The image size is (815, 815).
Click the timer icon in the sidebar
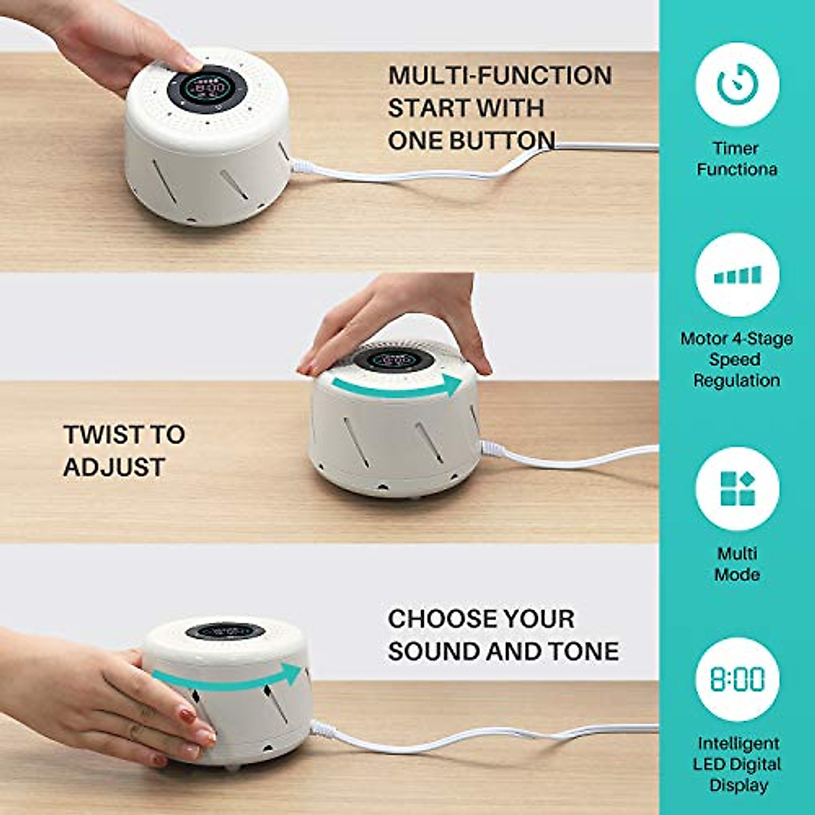pos(737,84)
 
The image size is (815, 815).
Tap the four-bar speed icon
pos(737,275)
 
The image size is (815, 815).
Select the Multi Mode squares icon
pos(737,488)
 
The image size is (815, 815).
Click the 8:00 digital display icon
pos(737,678)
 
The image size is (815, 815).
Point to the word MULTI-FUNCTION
pos(499,75)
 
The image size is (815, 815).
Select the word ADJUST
pos(114,467)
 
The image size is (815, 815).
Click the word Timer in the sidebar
pos(736,148)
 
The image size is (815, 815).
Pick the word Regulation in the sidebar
pos(736,380)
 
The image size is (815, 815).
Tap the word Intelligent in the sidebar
pos(738,743)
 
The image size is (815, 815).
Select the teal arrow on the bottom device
pos(228,676)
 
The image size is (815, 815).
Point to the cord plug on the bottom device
pos(323,730)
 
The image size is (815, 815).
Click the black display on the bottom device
pos(225,631)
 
